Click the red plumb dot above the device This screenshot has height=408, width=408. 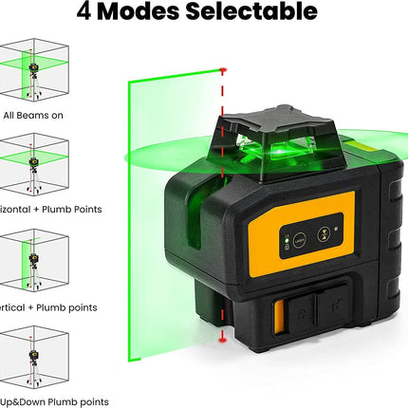[222, 70]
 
